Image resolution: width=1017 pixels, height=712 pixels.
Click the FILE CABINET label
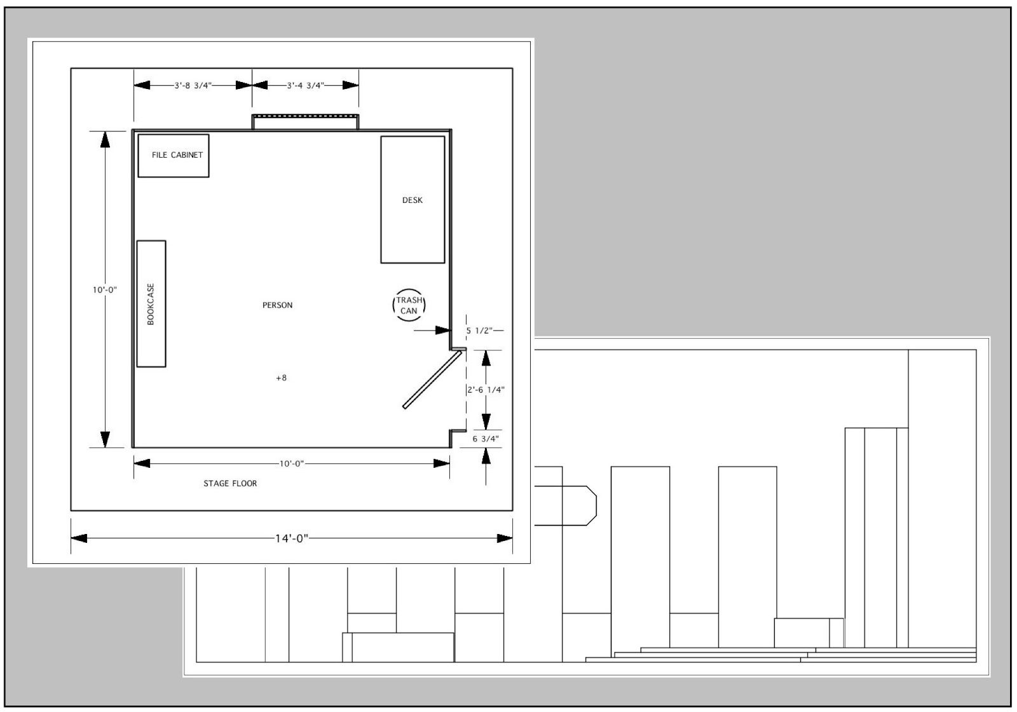coord(177,155)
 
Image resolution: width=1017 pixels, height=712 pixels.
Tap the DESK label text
coord(413,200)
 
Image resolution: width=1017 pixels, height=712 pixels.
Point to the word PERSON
coord(277,305)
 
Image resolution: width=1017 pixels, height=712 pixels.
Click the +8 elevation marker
coord(282,378)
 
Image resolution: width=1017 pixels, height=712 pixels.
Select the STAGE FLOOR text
coord(230,484)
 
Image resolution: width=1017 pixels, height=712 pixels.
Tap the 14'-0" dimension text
coord(292,538)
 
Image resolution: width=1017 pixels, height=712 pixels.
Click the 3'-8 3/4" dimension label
coord(193,85)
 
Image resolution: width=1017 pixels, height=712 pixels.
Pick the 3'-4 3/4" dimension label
coord(306,85)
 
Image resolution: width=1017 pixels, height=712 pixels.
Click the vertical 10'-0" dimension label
coord(105,290)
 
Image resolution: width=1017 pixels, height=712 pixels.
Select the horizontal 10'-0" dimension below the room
coord(292,463)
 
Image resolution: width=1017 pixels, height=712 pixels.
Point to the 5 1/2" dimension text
coord(479,331)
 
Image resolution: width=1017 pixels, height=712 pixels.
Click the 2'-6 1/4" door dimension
coord(486,390)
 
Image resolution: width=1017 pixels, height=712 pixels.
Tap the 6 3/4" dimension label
coord(486,439)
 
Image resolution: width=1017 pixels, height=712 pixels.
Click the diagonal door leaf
coord(432,380)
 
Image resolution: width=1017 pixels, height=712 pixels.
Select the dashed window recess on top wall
coord(306,116)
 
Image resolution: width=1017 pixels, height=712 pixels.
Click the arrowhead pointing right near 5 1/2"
coord(442,330)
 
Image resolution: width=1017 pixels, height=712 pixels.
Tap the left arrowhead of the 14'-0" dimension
coord(79,538)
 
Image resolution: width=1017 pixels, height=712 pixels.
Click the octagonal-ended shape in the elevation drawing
coord(566,505)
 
